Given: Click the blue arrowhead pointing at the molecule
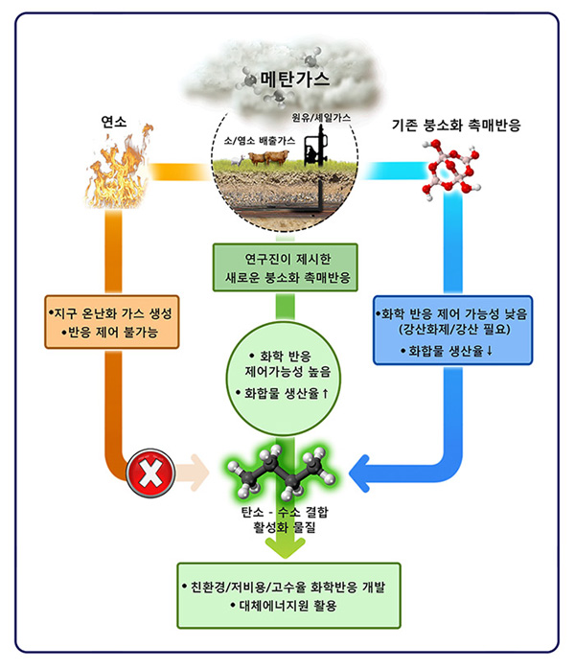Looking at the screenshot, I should click(x=369, y=471).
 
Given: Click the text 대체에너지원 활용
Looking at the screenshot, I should click(x=283, y=606).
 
